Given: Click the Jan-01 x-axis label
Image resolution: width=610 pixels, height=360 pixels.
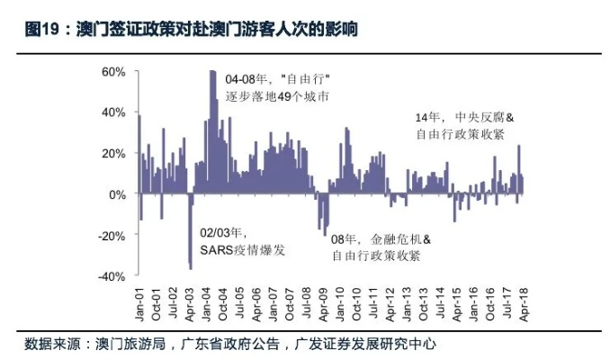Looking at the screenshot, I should (x=140, y=306).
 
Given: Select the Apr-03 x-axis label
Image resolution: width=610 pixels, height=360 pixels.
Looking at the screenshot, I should (x=190, y=306).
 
